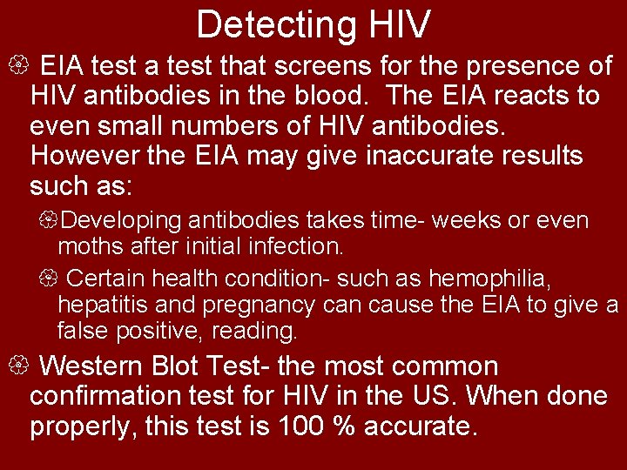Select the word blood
pos(340,95)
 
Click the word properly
pos(84,427)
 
